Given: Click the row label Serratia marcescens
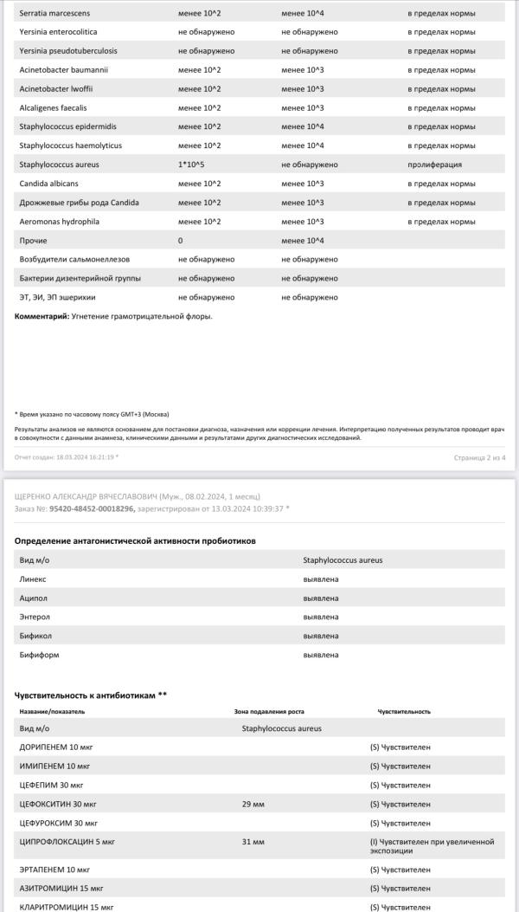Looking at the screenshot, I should (x=54, y=13).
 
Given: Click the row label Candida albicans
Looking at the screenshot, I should (x=49, y=184).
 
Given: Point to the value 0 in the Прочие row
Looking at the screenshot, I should (x=180, y=240).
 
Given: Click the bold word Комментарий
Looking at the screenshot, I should (x=42, y=316).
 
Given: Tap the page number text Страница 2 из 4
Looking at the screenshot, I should (x=479, y=456).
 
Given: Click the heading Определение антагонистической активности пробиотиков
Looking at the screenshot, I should (x=135, y=541).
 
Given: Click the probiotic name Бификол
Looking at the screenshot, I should (x=35, y=636).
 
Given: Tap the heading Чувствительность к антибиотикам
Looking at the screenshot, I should (x=87, y=695).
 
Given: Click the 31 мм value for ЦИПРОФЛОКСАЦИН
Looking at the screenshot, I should (x=253, y=842).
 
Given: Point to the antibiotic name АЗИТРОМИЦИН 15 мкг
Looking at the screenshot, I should (x=60, y=888).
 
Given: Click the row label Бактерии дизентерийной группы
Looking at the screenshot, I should (x=80, y=278).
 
